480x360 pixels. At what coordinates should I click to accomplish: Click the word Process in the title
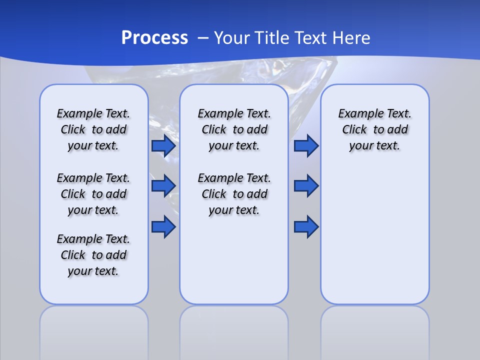click(154, 38)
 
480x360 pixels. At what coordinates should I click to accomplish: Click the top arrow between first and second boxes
click(163, 146)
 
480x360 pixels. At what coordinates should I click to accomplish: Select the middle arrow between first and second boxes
click(163, 186)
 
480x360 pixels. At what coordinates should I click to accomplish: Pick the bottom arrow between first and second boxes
click(163, 227)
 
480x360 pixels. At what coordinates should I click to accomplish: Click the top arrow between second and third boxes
click(306, 146)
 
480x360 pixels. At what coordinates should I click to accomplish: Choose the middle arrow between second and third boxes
click(306, 186)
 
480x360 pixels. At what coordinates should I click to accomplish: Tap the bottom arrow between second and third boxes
click(306, 227)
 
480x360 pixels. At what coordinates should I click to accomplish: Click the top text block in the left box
click(93, 129)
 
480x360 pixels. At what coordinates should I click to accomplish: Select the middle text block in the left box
click(93, 194)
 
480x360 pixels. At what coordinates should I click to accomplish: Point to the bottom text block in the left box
click(93, 255)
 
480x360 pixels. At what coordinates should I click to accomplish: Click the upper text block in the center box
click(234, 129)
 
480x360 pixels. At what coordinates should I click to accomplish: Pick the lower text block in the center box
click(234, 194)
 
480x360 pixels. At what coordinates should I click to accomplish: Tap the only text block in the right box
click(374, 129)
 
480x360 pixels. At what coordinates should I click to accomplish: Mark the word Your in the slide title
click(232, 38)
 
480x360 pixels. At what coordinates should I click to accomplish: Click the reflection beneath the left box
click(94, 330)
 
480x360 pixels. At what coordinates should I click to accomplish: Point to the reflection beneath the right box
click(375, 330)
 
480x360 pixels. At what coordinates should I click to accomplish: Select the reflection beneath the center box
click(234, 330)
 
